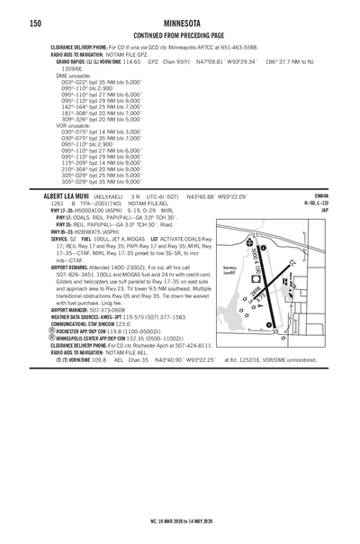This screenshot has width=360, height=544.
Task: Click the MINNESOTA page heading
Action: pyautogui.click(x=180, y=22)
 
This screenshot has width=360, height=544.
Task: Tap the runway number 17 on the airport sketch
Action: pyautogui.click(x=256, y=233)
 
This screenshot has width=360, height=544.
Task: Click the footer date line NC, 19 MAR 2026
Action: pyautogui.click(x=180, y=521)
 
